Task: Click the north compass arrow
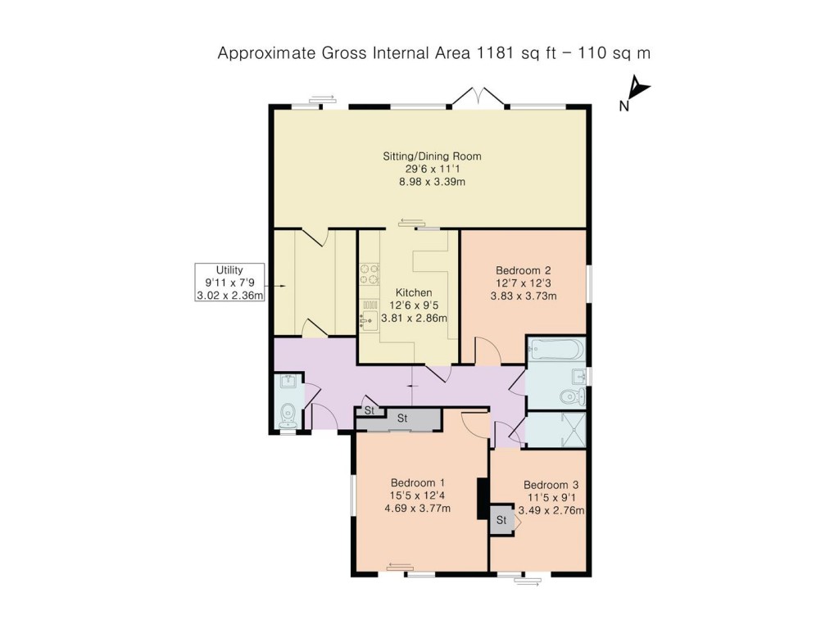coord(638,88)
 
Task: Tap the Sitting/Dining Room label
coord(432,156)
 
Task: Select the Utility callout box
coord(229,283)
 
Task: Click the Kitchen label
coord(414,292)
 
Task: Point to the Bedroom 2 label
coord(523,270)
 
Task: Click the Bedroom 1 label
coord(417,482)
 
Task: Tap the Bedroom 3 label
coord(551,485)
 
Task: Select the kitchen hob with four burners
coord(370,274)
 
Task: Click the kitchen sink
coord(369,315)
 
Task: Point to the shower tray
coord(556,429)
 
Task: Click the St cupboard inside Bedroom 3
coord(501,520)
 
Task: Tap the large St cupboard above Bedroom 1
coord(402,419)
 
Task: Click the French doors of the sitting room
coord(478,97)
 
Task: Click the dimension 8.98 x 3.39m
coord(432,182)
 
